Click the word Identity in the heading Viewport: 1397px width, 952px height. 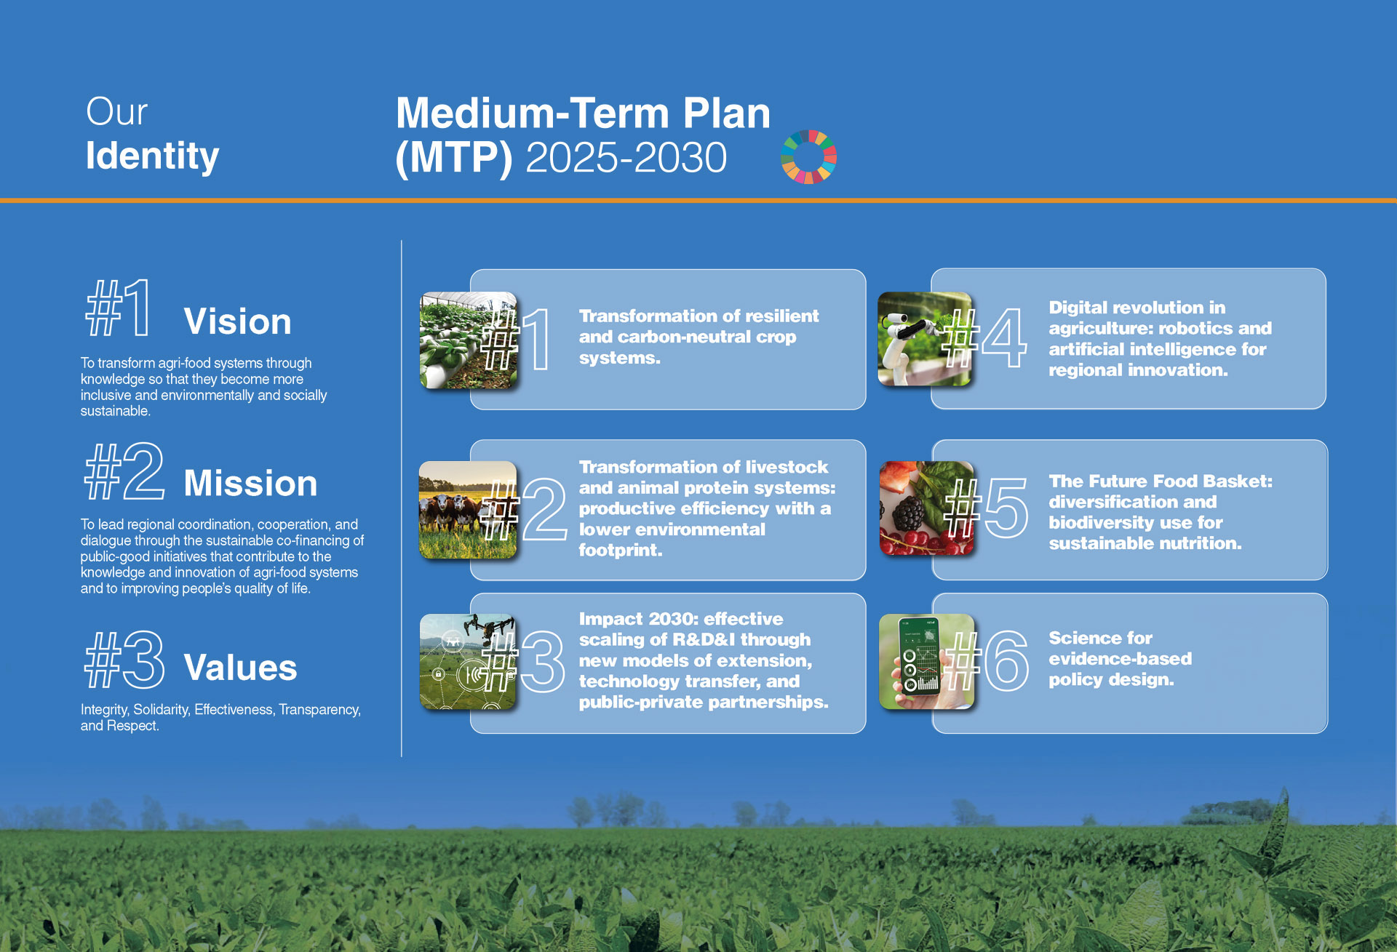coord(152,156)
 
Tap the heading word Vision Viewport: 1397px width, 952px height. coord(237,321)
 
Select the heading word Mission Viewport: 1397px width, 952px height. coord(250,484)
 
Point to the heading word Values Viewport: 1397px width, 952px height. coord(240,668)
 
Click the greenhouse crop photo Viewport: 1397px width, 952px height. coord(468,340)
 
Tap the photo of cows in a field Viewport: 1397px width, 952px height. coord(468,510)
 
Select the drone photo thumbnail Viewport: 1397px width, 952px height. coord(468,662)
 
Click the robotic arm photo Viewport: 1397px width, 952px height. coord(925,339)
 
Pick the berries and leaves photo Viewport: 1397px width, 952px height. coord(927,508)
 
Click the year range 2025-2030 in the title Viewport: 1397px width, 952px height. coord(626,157)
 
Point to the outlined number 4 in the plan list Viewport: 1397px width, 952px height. coord(1004,337)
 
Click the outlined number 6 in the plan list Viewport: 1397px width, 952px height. coord(1006,660)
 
